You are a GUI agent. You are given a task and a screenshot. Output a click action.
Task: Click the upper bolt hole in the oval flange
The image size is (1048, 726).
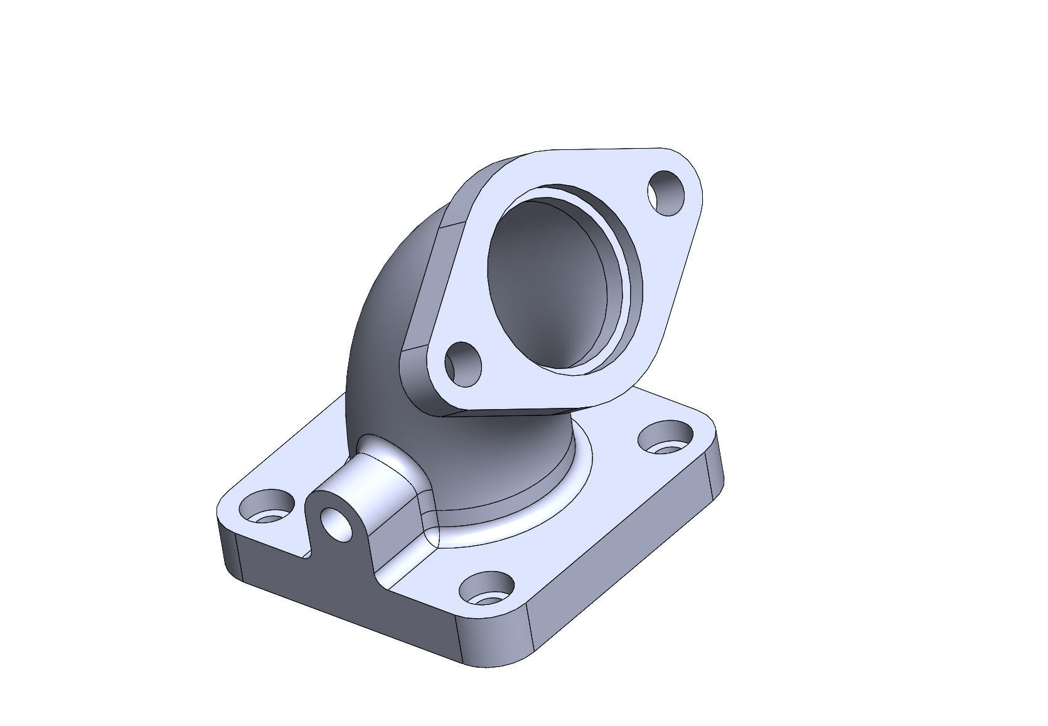tap(666, 193)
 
